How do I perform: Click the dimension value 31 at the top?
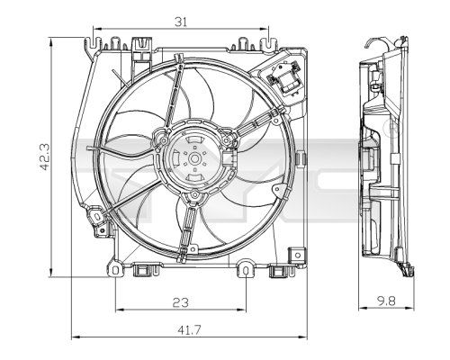(x=181, y=22)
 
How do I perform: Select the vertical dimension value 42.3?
(x=32, y=156)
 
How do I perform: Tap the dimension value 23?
(x=181, y=303)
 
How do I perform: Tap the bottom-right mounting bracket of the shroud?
(x=245, y=267)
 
